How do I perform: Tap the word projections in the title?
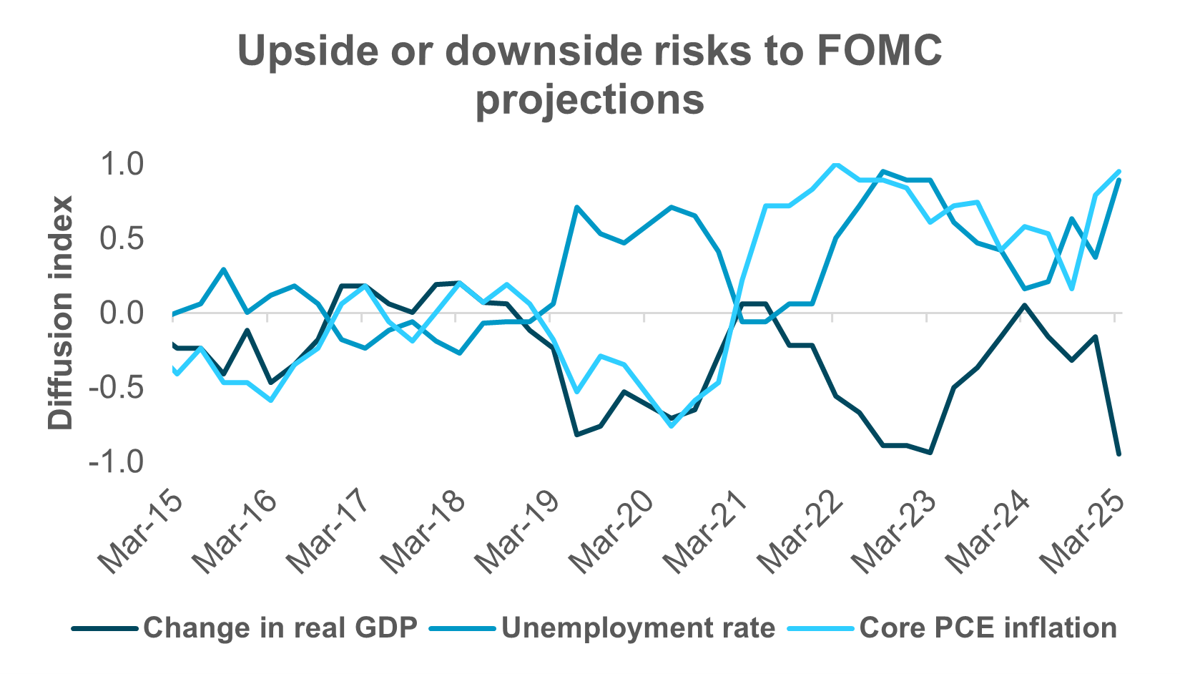(590, 99)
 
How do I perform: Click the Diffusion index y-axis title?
(61, 313)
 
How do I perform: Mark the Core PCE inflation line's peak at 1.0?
(835, 165)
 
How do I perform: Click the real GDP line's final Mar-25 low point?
(1118, 454)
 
